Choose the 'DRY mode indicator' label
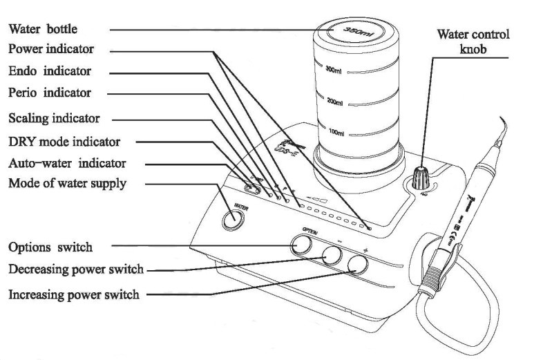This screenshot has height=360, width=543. pyautogui.click(x=63, y=142)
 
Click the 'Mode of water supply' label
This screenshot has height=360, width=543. pyautogui.click(x=67, y=183)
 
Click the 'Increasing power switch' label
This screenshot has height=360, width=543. pyautogui.click(x=74, y=295)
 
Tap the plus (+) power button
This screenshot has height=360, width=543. pyautogui.click(x=357, y=263)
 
